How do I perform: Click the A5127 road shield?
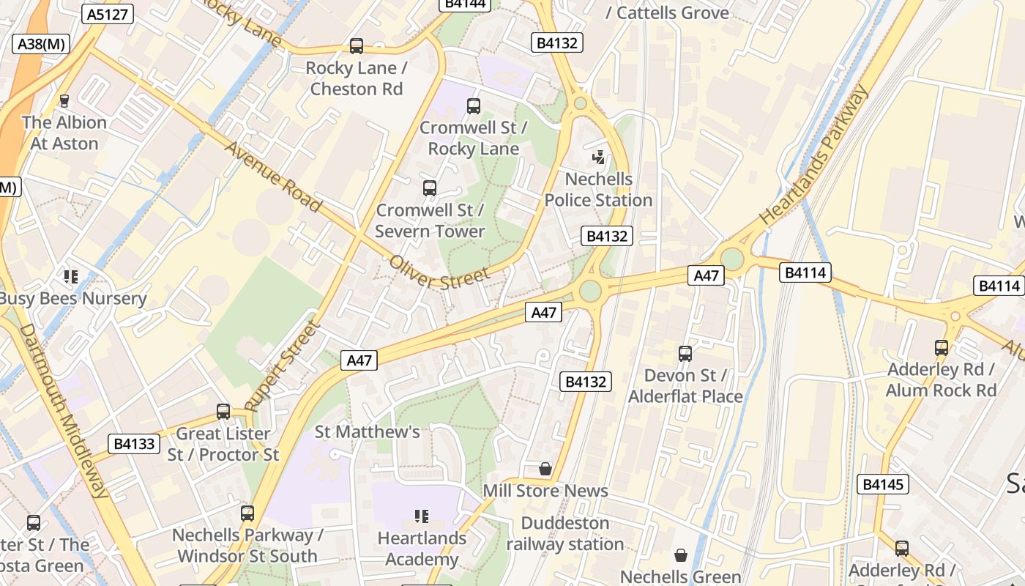[x=108, y=14]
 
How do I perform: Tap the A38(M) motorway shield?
[x=41, y=44]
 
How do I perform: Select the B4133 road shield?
[x=134, y=443]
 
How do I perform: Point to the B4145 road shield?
[x=883, y=484]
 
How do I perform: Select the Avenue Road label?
[x=272, y=177]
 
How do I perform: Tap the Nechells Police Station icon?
[x=599, y=156]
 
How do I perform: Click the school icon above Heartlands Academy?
[x=421, y=516]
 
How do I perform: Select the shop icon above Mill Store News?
[x=545, y=469]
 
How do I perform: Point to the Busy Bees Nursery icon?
[x=71, y=277]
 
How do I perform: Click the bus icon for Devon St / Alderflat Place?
[x=685, y=354]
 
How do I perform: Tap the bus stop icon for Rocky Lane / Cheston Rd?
[x=357, y=46]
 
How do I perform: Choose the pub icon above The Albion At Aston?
[x=64, y=100]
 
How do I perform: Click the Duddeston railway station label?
[x=564, y=534]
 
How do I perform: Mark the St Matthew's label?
[x=367, y=432]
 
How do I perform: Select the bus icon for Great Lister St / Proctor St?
[x=223, y=412]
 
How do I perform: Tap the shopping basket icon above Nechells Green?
[x=681, y=555]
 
